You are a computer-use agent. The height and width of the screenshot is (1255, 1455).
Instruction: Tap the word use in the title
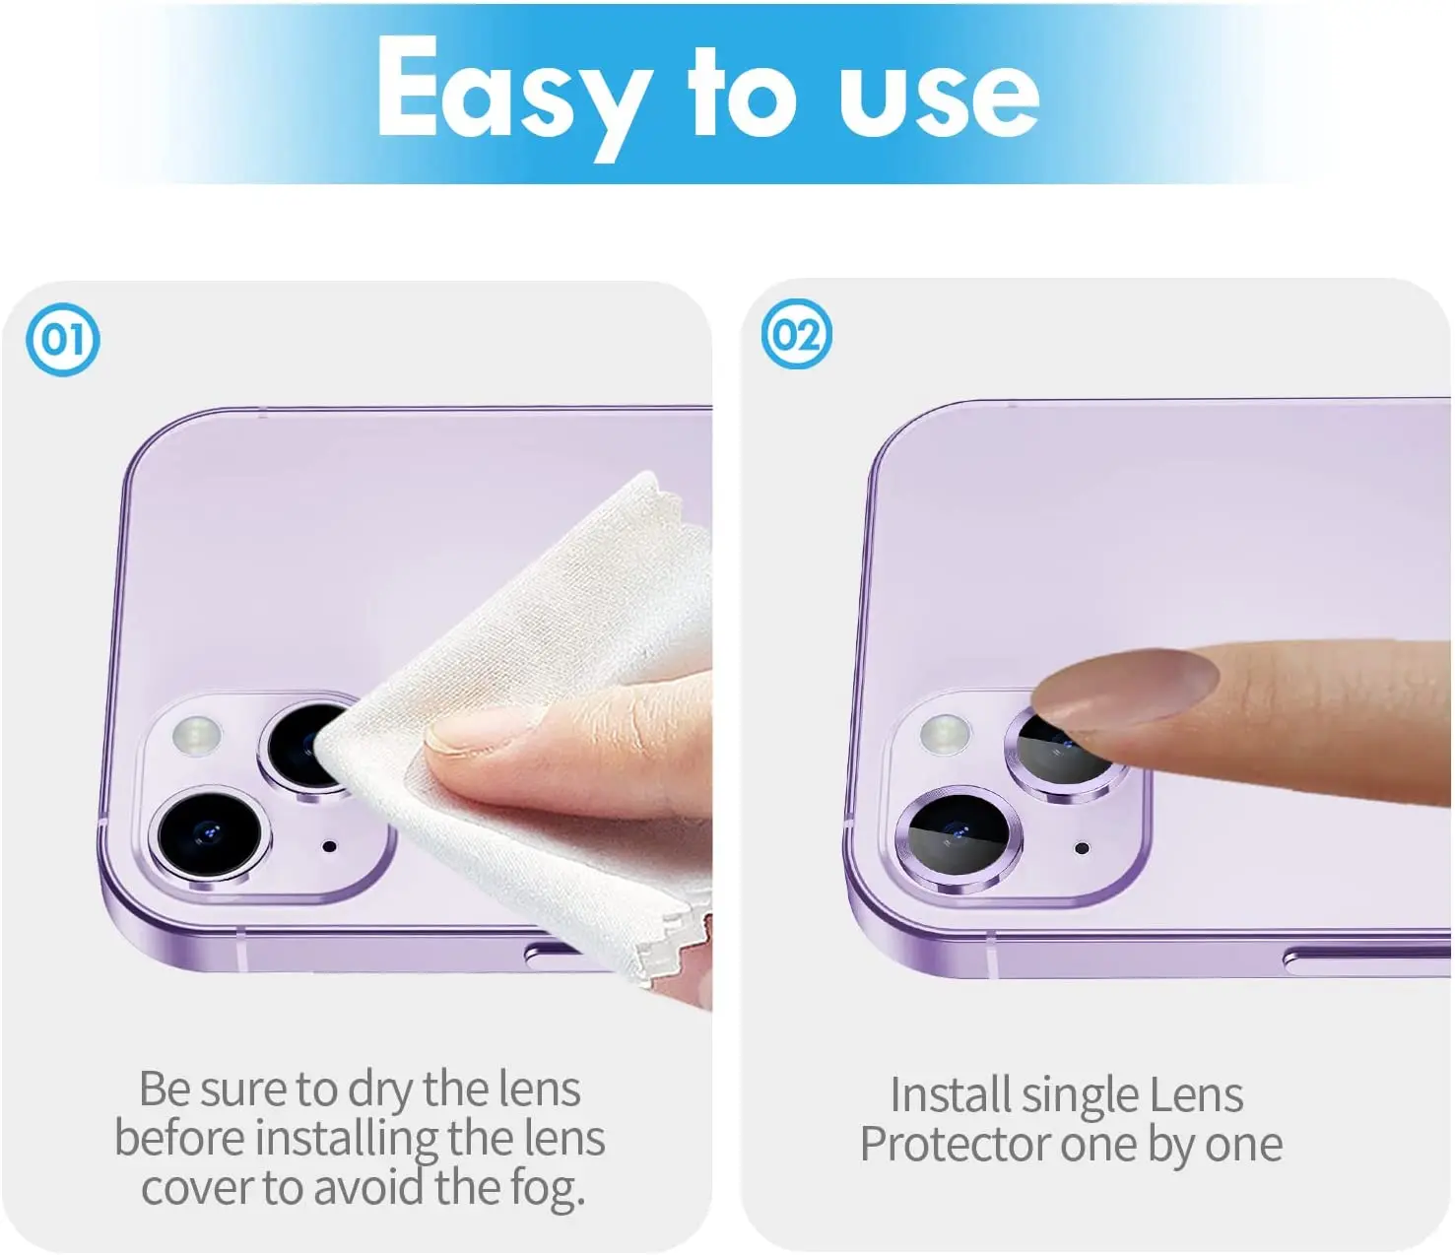(939, 98)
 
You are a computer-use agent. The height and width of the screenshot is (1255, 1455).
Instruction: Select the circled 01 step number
(63, 339)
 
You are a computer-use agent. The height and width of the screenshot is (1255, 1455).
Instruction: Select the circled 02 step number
(797, 334)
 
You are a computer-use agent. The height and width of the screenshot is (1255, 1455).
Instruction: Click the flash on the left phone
(197, 736)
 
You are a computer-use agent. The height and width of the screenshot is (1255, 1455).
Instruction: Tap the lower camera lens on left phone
(209, 835)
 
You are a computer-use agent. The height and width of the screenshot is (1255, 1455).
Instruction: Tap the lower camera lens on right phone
(959, 839)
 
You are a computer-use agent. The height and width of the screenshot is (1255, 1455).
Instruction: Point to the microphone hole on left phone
(329, 846)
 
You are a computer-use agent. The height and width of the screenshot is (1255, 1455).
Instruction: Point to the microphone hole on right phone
(1083, 849)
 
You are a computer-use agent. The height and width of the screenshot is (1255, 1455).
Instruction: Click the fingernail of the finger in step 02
(1124, 690)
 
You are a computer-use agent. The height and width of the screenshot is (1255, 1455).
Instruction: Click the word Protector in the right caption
(956, 1144)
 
